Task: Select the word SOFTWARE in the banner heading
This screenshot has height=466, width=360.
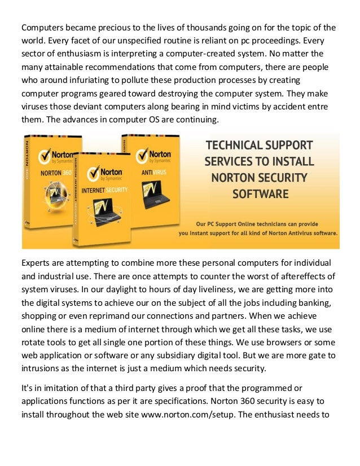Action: (x=261, y=195)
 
